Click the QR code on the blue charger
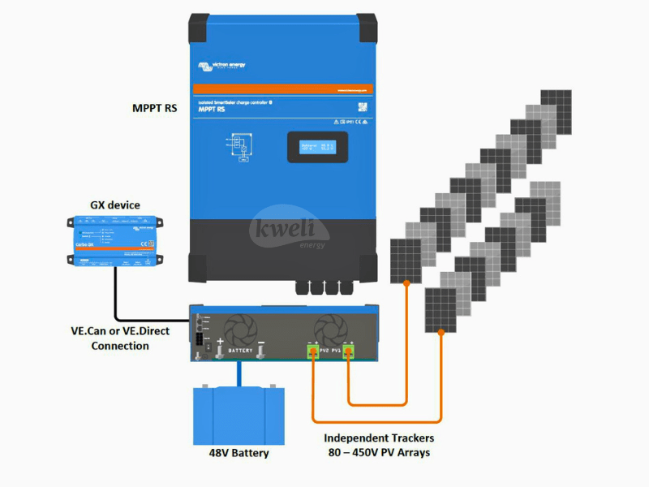363,106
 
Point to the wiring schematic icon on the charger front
243,148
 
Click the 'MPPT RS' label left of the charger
154,108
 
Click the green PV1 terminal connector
348,351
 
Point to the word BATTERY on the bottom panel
241,351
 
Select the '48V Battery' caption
239,453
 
